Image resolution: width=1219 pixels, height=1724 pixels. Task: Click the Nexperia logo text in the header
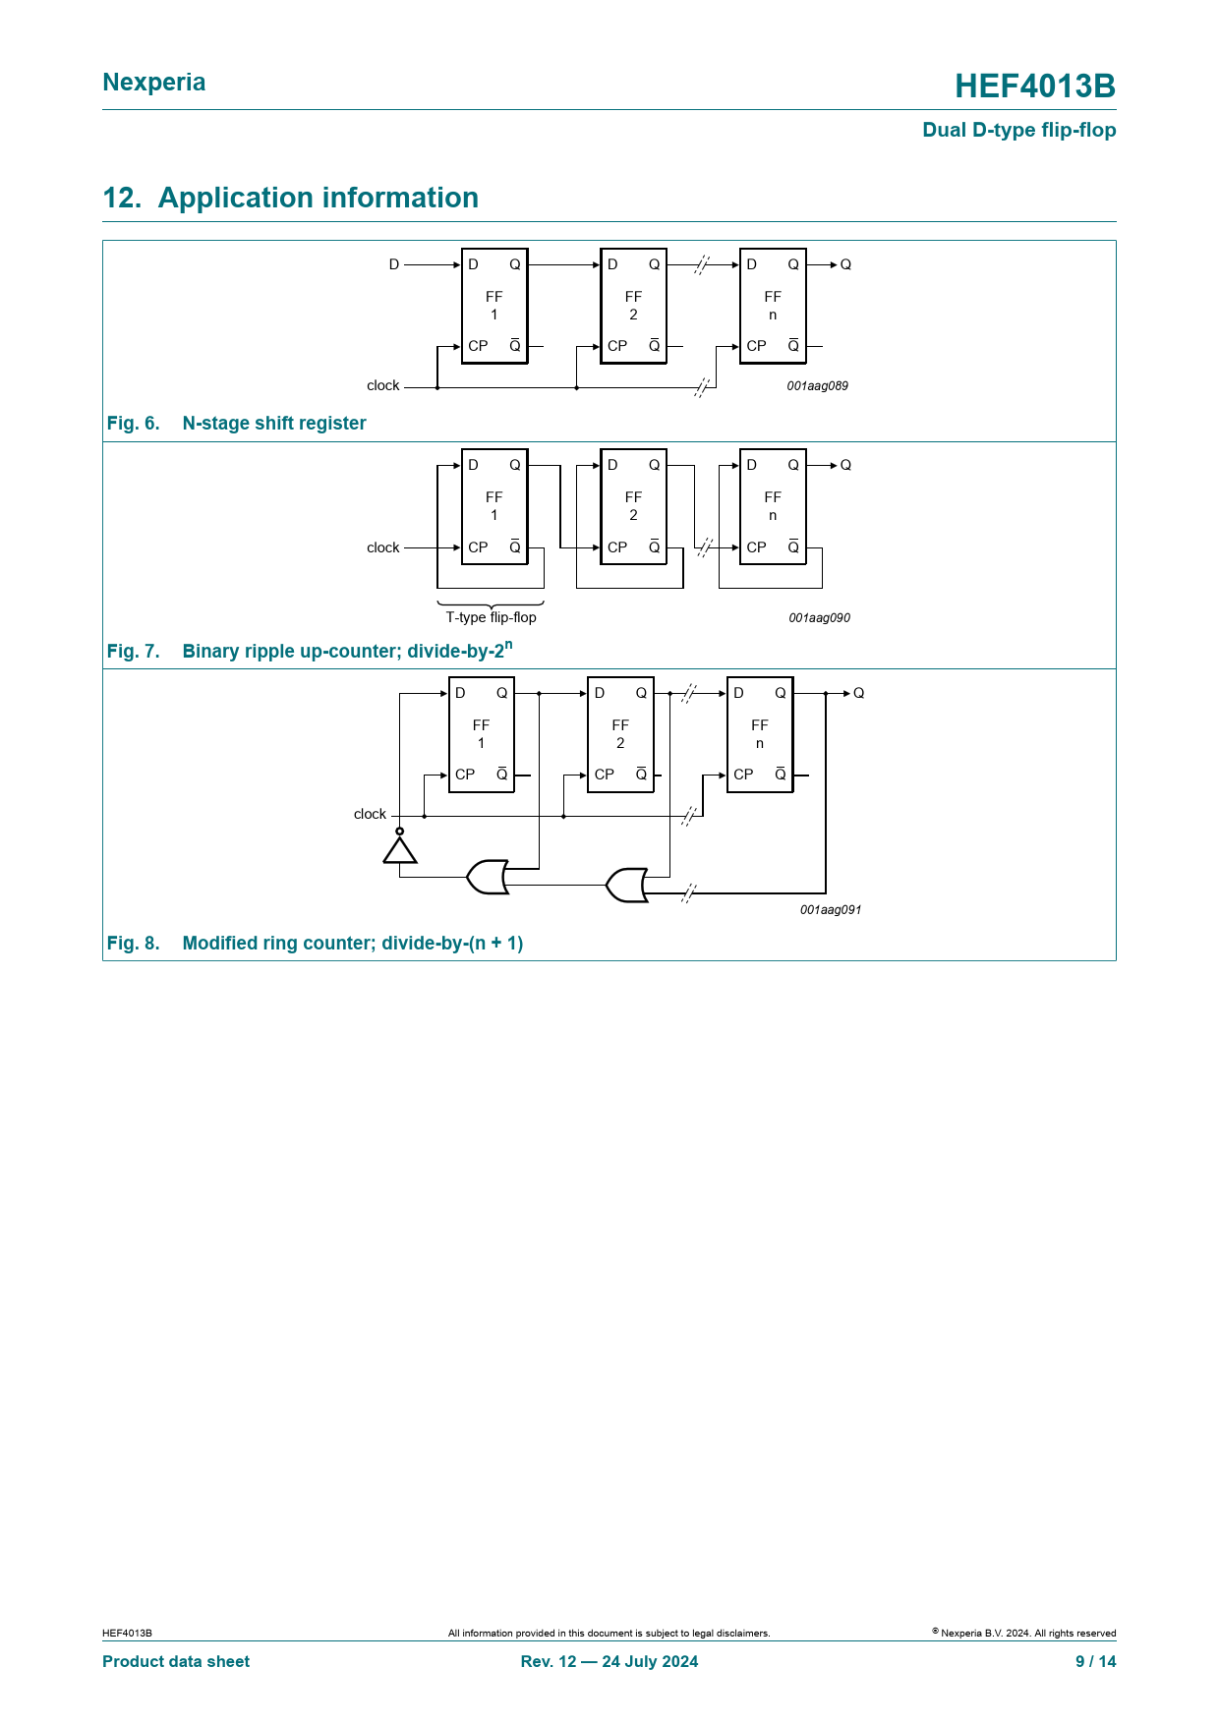tap(154, 83)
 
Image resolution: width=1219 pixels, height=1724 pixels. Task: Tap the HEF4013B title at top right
tap(1035, 86)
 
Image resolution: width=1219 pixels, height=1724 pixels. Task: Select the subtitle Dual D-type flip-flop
tap(1018, 130)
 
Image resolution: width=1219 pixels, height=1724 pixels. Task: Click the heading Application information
tap(318, 198)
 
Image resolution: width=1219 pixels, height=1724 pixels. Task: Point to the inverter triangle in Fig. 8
tap(400, 849)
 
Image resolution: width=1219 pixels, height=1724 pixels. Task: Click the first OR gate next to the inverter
tap(488, 877)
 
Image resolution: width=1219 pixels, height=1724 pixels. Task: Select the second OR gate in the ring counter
tap(627, 885)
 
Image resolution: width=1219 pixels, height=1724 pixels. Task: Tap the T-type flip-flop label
tap(492, 617)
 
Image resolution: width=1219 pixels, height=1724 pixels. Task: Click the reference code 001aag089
tap(817, 386)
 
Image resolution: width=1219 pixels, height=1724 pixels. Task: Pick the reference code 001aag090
tap(819, 618)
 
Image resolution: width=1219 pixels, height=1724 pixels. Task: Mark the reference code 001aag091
tap(831, 910)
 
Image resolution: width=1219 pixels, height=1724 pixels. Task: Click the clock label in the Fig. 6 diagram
tap(383, 385)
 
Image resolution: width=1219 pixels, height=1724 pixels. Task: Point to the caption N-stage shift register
tap(274, 424)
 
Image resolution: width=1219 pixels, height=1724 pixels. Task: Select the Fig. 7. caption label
tap(134, 652)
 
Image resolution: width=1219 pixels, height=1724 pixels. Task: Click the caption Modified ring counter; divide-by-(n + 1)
tap(353, 944)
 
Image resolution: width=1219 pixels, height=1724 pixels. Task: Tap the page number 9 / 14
tap(1096, 1661)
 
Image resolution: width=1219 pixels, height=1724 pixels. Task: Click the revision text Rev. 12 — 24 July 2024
tap(609, 1661)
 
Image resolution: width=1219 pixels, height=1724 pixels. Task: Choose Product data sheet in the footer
tap(176, 1661)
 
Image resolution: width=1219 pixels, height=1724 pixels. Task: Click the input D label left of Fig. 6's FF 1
tap(394, 264)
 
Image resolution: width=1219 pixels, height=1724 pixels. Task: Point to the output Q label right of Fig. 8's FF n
tap(859, 693)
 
